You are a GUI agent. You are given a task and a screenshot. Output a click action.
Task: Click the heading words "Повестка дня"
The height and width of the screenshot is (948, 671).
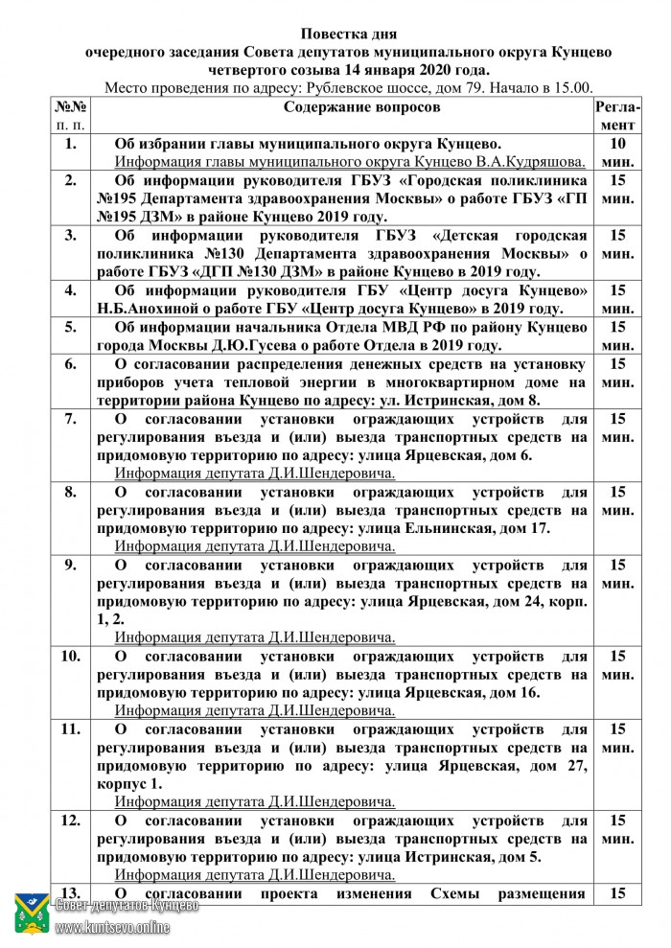point(335,35)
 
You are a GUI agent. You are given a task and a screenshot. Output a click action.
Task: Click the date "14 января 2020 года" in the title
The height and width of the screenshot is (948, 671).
point(418,69)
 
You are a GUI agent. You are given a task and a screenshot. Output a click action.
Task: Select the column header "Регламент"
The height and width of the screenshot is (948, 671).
point(616,115)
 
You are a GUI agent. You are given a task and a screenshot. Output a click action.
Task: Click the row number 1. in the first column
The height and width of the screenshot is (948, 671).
point(69,144)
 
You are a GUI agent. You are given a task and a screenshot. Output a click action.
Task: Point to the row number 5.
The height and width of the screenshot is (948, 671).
point(69,327)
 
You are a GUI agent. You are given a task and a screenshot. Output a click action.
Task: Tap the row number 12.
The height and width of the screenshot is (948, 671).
point(70,821)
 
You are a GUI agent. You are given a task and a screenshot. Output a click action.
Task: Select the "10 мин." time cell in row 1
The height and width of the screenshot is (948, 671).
point(617,152)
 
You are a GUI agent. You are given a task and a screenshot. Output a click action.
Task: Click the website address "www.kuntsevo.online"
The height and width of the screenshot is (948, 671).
point(113,927)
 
